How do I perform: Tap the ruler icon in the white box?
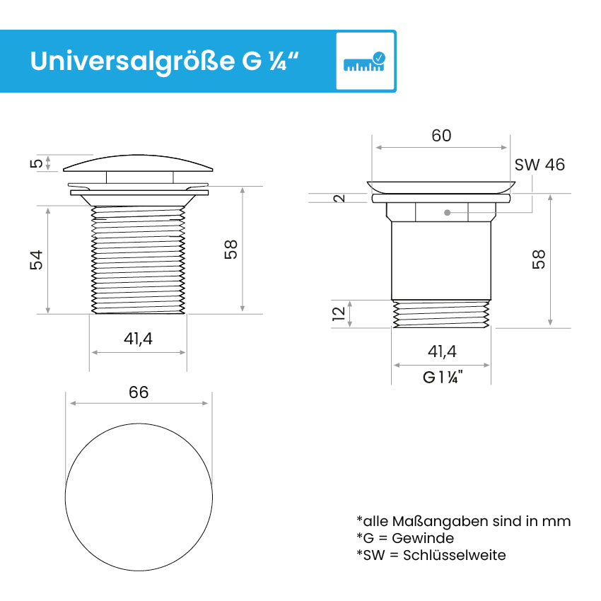click(x=365, y=62)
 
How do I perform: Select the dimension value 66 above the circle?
click(x=139, y=392)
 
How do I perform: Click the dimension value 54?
click(x=36, y=259)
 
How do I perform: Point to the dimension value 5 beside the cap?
click(x=36, y=163)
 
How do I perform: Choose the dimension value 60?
click(x=441, y=136)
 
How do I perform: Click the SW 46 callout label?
click(x=539, y=165)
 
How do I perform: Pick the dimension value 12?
click(x=339, y=313)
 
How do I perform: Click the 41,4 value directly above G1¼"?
click(x=442, y=351)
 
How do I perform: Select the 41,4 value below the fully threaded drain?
click(x=138, y=339)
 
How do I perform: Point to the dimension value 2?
click(x=340, y=198)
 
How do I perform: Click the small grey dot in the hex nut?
click(x=446, y=212)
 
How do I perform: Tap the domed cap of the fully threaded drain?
click(x=138, y=163)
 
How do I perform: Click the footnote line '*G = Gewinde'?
click(x=405, y=538)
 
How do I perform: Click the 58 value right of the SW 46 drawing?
click(x=539, y=259)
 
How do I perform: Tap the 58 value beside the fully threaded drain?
click(x=231, y=249)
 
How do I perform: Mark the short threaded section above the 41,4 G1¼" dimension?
click(x=441, y=314)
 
